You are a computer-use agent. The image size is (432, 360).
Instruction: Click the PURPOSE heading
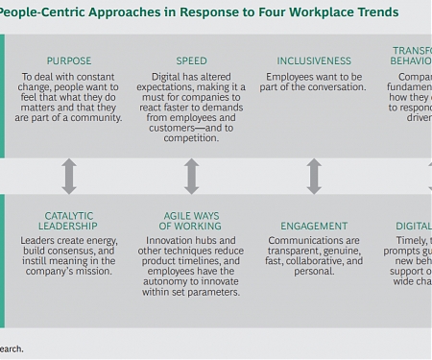(x=69, y=60)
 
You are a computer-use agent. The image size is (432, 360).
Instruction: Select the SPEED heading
(x=192, y=60)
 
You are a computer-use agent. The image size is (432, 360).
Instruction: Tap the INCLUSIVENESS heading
(x=315, y=60)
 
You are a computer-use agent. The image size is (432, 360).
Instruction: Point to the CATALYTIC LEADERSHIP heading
(x=69, y=220)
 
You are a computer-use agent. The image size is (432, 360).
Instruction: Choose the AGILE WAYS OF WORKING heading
(x=192, y=220)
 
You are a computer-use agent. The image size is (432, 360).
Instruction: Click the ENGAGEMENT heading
(x=315, y=227)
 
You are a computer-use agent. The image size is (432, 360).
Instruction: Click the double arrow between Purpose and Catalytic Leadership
(x=69, y=177)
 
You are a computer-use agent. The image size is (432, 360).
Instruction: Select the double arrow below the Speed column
(x=192, y=177)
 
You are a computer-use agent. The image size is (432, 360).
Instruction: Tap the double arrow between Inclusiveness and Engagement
(x=315, y=177)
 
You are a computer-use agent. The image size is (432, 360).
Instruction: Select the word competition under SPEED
(x=191, y=138)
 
